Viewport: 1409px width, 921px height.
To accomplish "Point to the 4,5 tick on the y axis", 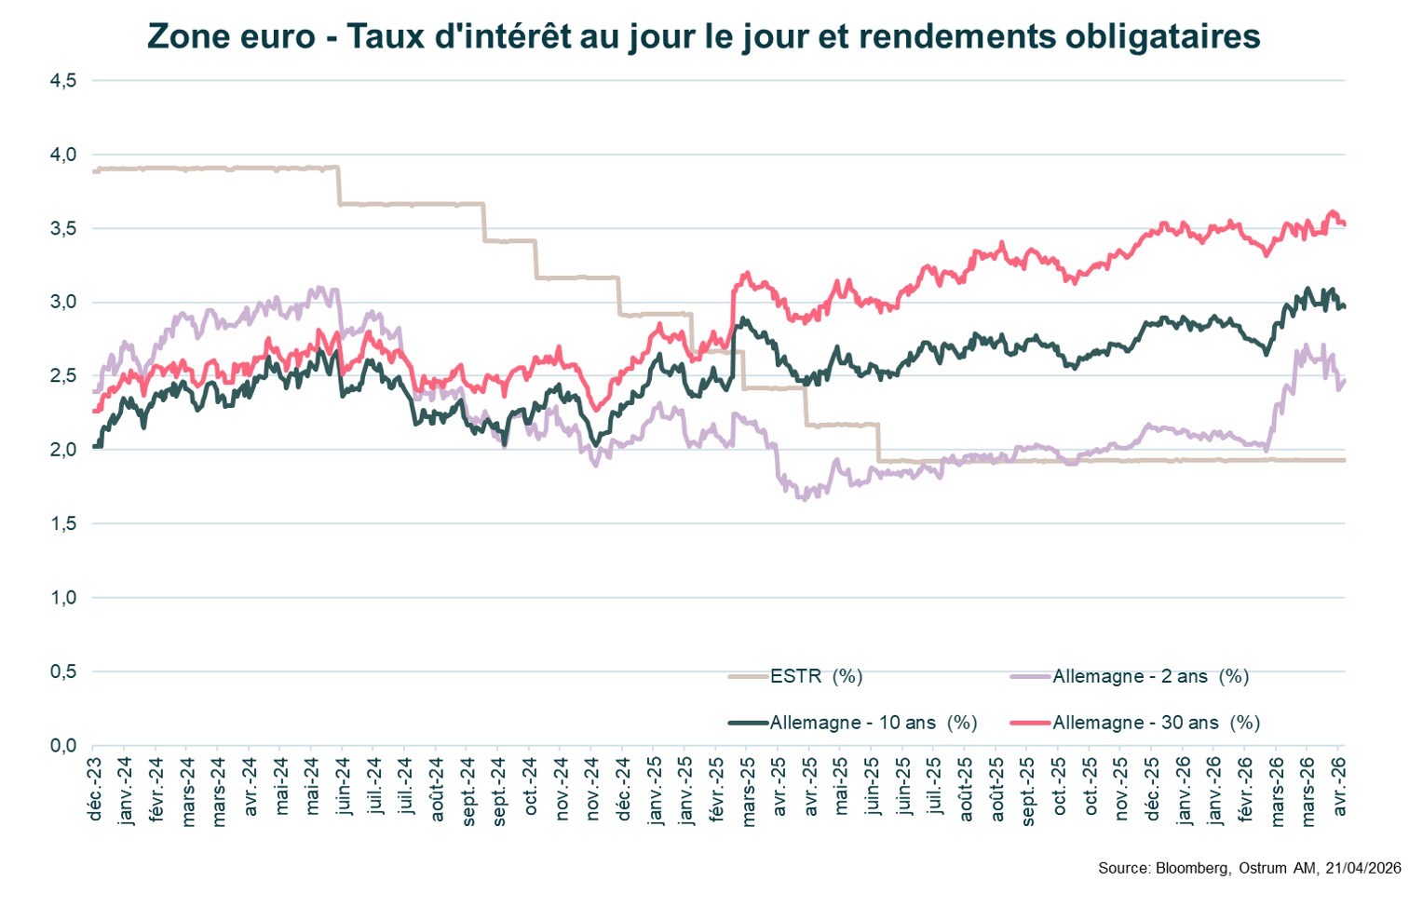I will pyautogui.click(x=63, y=81).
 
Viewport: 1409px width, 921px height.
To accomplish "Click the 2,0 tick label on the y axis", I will pyautogui.click(x=63, y=450).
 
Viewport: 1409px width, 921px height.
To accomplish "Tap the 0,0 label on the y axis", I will pyautogui.click(x=63, y=745).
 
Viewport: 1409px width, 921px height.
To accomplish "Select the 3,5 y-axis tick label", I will pyautogui.click(x=63, y=228).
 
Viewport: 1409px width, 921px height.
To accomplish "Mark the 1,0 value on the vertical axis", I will pyautogui.click(x=63, y=598).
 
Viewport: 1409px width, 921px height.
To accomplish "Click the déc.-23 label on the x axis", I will pyautogui.click(x=94, y=789).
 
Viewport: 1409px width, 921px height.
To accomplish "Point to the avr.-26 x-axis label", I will pyautogui.click(x=1340, y=787).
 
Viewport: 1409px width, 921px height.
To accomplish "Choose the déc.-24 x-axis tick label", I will pyautogui.click(x=623, y=789).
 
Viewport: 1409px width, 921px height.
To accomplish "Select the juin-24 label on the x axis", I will pyautogui.click(x=344, y=787).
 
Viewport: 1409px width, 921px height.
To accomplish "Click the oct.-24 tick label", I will pyautogui.click(x=530, y=787).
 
